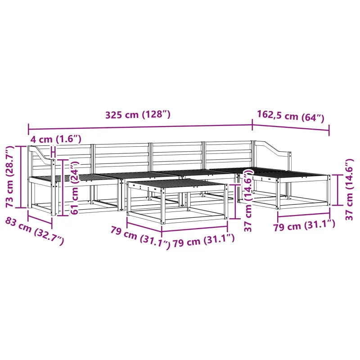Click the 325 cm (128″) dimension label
click(x=138, y=115)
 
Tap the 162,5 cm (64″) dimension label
click(x=290, y=117)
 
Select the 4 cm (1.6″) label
click(x=56, y=139)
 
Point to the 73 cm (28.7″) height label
click(x=10, y=176)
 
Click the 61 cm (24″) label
click(x=75, y=188)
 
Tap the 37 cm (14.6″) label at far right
click(x=349, y=189)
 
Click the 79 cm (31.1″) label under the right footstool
click(x=304, y=225)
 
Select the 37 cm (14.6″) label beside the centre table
click(x=248, y=200)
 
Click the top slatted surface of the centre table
click(x=177, y=184)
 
